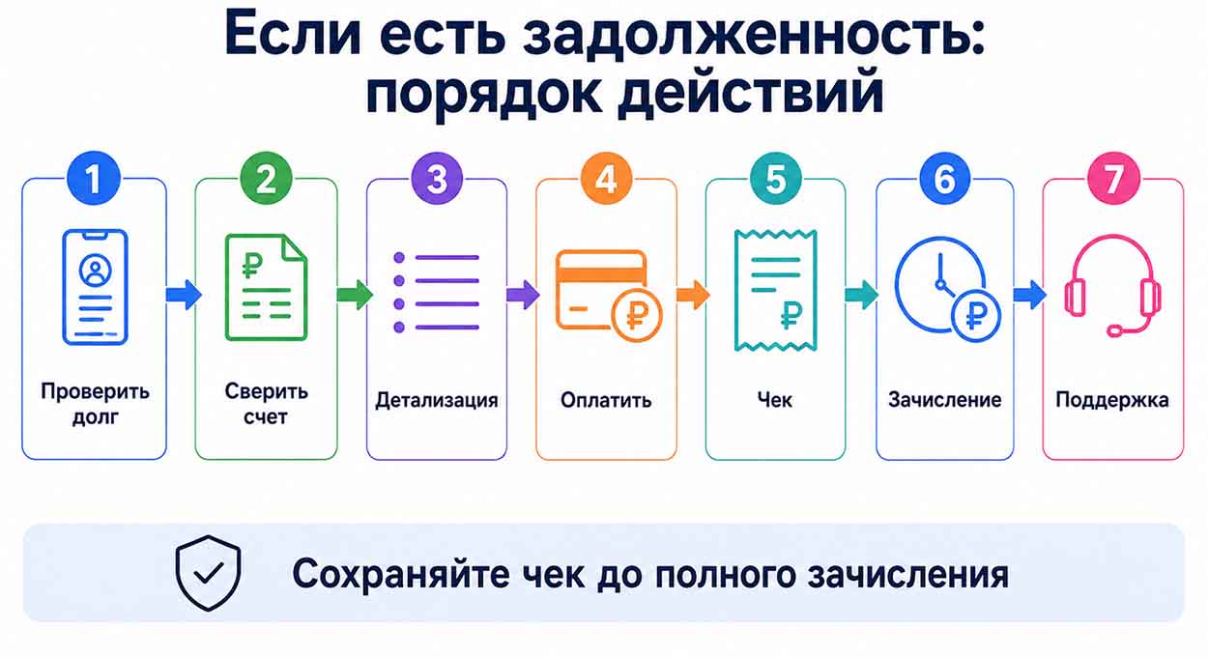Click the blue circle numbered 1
pos(94,179)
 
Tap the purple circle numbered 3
pos(437,179)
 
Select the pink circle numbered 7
pos(1113,179)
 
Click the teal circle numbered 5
pos(775,179)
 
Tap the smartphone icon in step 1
pos(95,287)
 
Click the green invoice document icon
pos(266,287)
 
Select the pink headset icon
pos(1112,286)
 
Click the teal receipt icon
pos(775,291)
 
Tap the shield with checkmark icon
pos(208,572)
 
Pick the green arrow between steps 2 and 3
pos(355,295)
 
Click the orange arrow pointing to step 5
pos(693,295)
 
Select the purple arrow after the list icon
pos(523,295)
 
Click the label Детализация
pos(436,400)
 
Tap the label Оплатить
pos(606,400)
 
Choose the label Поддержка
pos(1112,400)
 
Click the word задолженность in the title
pos(755,34)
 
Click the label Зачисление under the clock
pos(945,400)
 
